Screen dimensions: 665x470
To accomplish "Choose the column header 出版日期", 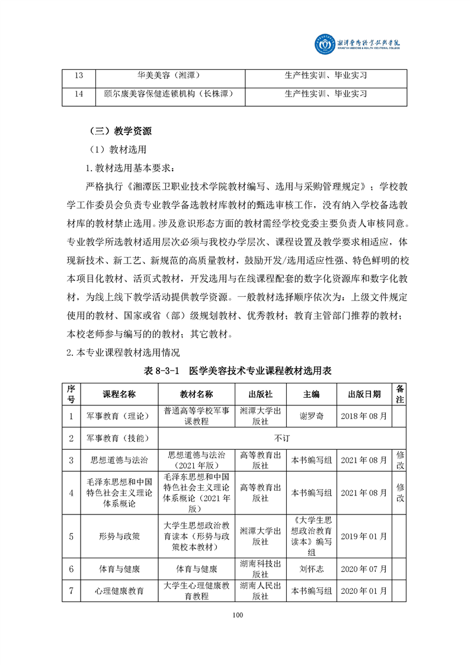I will point(364,394).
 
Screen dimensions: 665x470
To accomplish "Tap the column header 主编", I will point(311,394).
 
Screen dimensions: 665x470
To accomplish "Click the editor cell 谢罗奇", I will point(311,416).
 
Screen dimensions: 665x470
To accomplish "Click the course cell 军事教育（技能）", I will point(119,438).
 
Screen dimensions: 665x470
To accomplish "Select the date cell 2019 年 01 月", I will point(364,536).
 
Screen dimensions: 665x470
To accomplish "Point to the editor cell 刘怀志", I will point(311,569).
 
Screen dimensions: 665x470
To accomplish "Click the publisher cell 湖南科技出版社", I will point(261,569).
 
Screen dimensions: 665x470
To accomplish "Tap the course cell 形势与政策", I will point(119,536).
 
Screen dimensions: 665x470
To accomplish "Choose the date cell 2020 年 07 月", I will point(364,569).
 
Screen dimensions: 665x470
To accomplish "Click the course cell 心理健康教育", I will point(119,591).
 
